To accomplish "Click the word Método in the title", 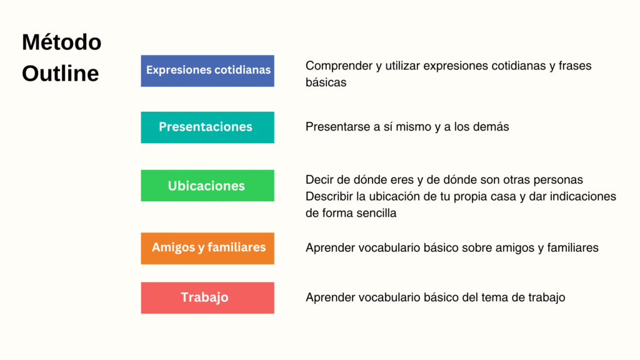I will pos(61,43).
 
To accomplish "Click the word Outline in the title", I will pos(60,74).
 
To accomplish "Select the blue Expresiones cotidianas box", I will pos(207,70).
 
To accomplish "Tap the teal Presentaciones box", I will pos(207,127).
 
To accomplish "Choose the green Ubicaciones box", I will pos(207,186).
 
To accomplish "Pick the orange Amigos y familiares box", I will pos(207,247).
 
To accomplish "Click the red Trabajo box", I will pos(207,297).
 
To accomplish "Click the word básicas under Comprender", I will pos(326,82).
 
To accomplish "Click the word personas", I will pos(557,180).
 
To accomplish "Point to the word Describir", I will pos(329,196).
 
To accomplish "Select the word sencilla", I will pos(375,213).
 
